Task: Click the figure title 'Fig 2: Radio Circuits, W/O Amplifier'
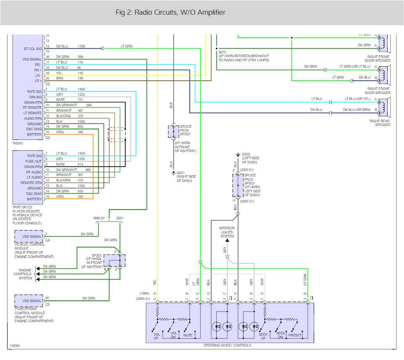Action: (x=170, y=13)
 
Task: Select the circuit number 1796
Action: (x=82, y=46)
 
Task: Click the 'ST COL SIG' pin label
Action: (x=33, y=49)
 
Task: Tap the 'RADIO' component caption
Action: (x=18, y=144)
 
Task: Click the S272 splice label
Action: (x=222, y=52)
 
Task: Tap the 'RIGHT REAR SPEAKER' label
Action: (x=380, y=123)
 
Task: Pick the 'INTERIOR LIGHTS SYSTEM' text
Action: (x=226, y=232)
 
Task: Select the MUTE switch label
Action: (x=187, y=335)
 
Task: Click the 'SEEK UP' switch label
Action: (x=262, y=335)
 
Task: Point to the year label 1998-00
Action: (x=99, y=218)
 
